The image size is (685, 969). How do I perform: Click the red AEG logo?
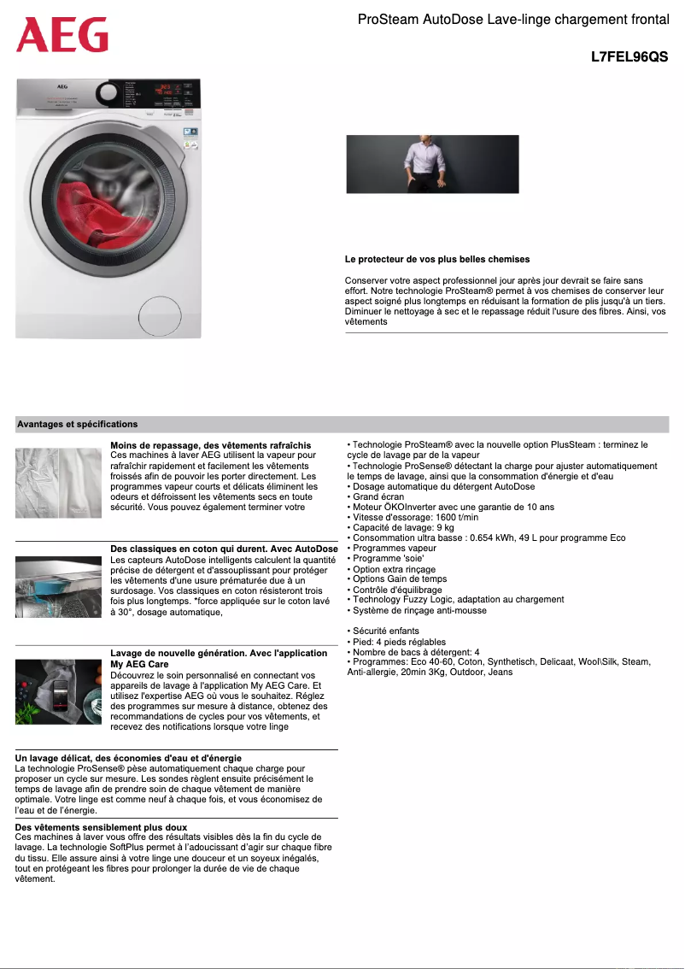click(x=62, y=35)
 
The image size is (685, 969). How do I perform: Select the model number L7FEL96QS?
click(x=629, y=57)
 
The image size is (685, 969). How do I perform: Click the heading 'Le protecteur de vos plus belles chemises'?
click(x=437, y=259)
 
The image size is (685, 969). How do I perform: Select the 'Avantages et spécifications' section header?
click(x=78, y=424)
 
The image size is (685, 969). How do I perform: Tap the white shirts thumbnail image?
click(x=58, y=483)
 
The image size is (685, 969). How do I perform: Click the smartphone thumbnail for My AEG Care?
click(x=58, y=691)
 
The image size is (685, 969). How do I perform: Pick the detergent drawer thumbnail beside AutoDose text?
click(x=58, y=587)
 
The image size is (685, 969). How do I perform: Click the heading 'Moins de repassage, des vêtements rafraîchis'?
click(x=210, y=445)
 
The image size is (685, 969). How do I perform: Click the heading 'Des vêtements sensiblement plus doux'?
click(x=101, y=827)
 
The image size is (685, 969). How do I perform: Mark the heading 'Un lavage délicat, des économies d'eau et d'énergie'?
click(x=128, y=758)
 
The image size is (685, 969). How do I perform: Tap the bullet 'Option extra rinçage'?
click(x=394, y=569)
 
